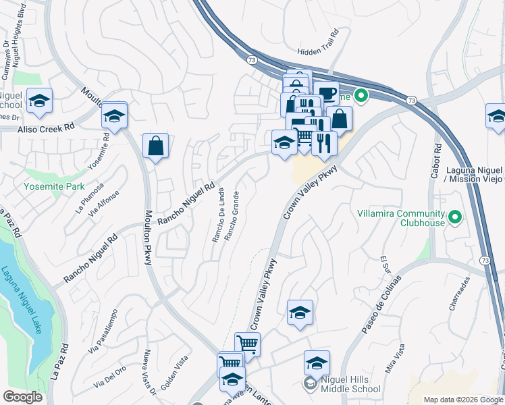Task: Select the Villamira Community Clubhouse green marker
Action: click(x=455, y=217)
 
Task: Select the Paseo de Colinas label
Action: click(x=381, y=304)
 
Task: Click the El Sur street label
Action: click(x=386, y=261)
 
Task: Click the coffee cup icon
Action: click(x=326, y=93)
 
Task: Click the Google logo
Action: click(x=24, y=397)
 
